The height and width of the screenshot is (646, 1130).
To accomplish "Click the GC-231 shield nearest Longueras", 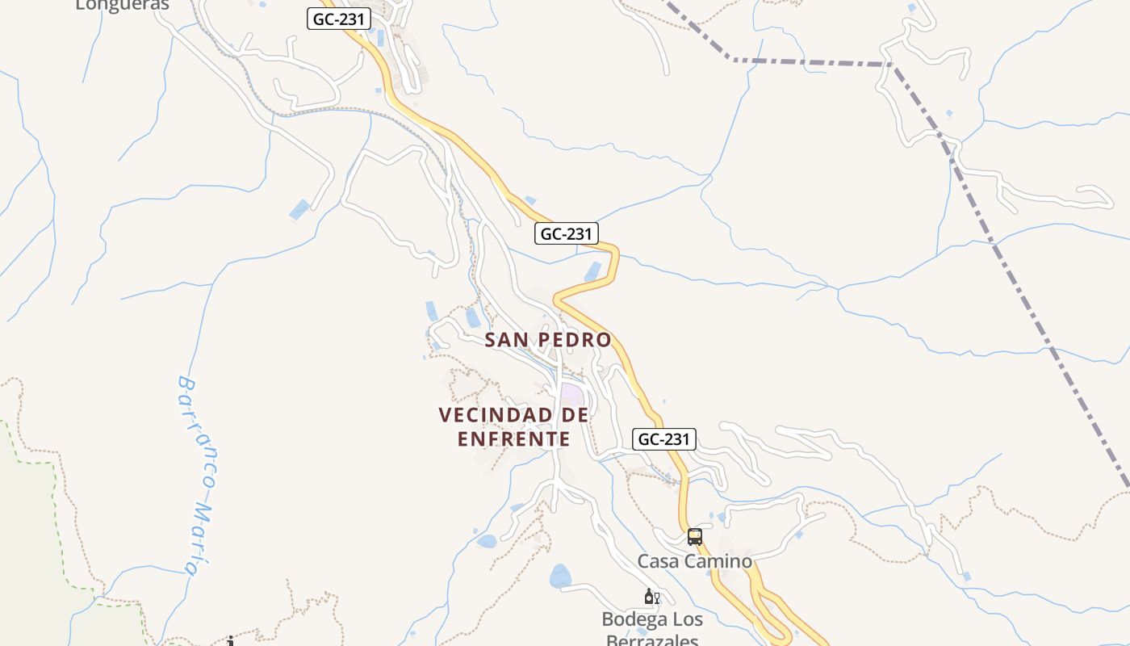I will click(x=339, y=19).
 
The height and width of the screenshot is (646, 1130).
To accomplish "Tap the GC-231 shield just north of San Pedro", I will click(x=567, y=234).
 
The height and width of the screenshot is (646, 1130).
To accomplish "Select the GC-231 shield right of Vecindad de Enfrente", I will click(x=663, y=438).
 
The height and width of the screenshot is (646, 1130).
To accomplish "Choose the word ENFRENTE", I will click(x=514, y=439).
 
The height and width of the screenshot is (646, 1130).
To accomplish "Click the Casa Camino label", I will click(x=694, y=561).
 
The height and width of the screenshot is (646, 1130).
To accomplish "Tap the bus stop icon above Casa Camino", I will click(x=694, y=536).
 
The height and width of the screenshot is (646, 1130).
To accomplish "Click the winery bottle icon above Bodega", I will click(x=650, y=598).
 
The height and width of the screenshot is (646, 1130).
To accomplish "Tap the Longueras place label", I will click(x=122, y=6).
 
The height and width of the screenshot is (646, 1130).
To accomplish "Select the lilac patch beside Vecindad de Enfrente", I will click(x=572, y=395).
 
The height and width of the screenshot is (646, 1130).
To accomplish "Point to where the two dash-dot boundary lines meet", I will click(x=891, y=64).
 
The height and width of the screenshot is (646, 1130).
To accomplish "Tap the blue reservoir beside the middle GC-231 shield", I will click(x=593, y=271).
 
